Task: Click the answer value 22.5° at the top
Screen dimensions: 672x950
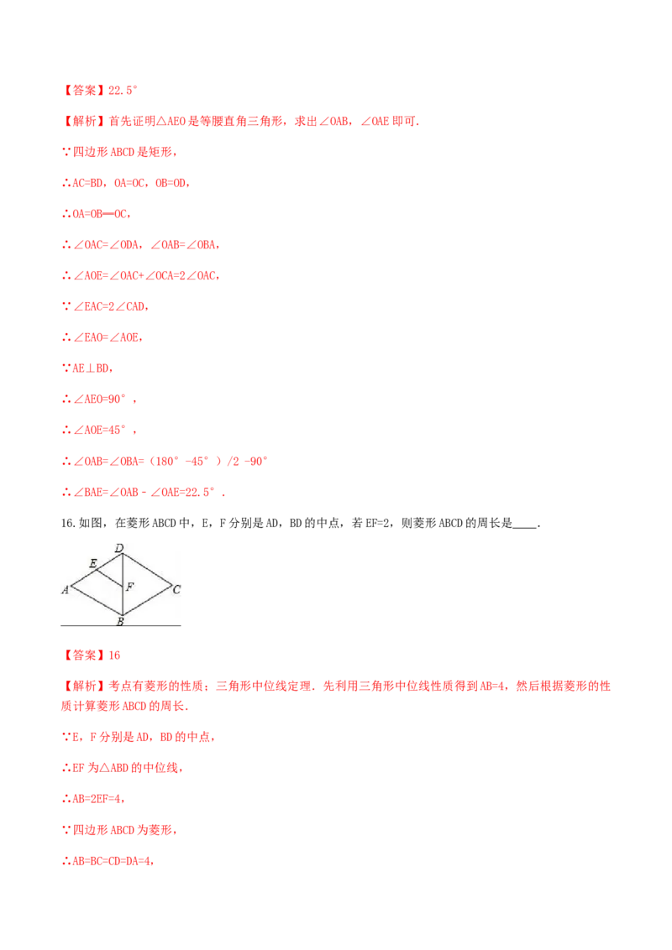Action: pos(123,91)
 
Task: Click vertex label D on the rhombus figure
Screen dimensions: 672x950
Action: pos(119,548)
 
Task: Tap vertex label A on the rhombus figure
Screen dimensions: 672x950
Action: pos(65,589)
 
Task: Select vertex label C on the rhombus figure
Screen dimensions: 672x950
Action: pos(176,589)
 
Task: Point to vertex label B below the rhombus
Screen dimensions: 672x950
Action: pos(120,621)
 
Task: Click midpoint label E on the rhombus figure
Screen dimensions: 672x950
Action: pos(92,563)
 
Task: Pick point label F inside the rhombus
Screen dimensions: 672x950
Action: pos(130,587)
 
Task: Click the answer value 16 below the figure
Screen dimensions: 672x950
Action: pos(114,655)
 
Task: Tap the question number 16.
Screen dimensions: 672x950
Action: pos(68,523)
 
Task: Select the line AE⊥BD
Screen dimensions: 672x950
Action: pos(88,368)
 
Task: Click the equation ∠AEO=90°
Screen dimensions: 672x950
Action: pos(99,399)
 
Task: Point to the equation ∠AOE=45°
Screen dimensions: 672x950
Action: pos(99,431)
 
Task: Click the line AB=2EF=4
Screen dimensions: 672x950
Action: pos(93,799)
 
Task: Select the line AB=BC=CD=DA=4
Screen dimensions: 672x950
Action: pos(108,860)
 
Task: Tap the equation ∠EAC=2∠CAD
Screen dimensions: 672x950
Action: pos(106,306)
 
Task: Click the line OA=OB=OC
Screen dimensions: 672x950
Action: pos(97,214)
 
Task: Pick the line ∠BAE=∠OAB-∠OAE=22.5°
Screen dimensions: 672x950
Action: pos(144,492)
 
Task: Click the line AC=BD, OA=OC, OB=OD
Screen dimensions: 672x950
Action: pos(126,183)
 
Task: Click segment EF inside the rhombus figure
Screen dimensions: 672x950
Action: pos(109,578)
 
